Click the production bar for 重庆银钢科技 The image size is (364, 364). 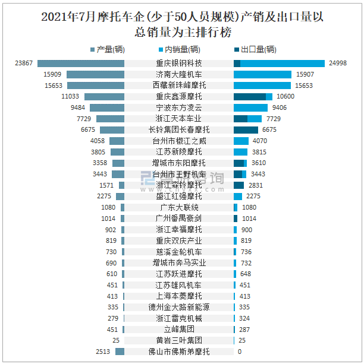pyautogui.click(x=81, y=64)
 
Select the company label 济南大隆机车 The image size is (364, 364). pyautogui.click(x=179, y=75)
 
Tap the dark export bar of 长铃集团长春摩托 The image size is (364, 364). pyautogui.click(x=246, y=129)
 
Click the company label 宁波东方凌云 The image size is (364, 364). pyautogui.click(x=179, y=107)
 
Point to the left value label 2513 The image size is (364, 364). pyautogui.click(x=102, y=352)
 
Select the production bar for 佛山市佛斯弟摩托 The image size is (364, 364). pyautogui.click(x=120, y=352)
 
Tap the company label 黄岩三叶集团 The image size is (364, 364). pyautogui.click(x=179, y=340)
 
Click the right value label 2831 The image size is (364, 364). pyautogui.click(x=256, y=185)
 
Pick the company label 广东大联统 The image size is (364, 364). pyautogui.click(x=179, y=207)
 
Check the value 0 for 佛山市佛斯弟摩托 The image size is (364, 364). pyautogui.click(x=239, y=352)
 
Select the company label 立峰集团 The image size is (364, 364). pyautogui.click(x=179, y=329)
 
